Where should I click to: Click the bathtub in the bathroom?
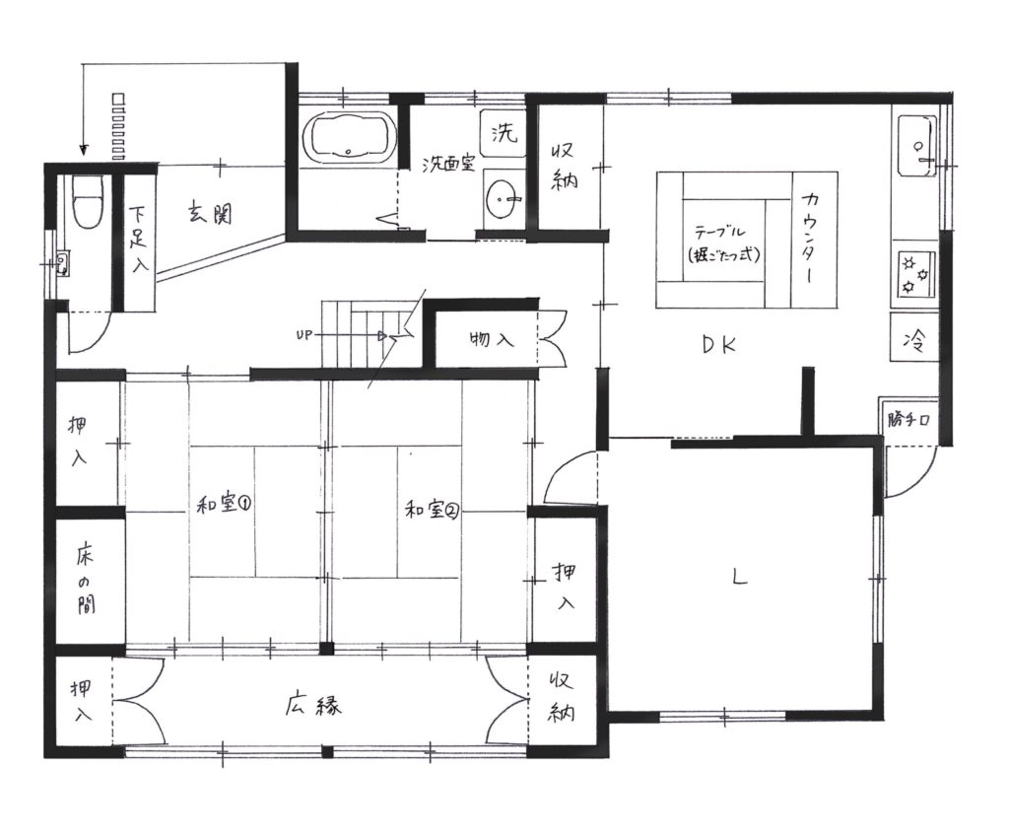(350, 137)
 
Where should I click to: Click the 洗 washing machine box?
(503, 132)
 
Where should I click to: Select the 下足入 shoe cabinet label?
(138, 239)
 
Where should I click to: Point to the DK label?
(719, 346)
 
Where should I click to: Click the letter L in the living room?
(740, 577)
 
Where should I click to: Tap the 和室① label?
(224, 503)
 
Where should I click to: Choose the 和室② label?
(432, 510)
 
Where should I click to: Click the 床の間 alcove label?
(85, 581)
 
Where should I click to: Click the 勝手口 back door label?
(908, 420)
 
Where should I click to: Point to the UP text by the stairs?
(303, 335)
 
